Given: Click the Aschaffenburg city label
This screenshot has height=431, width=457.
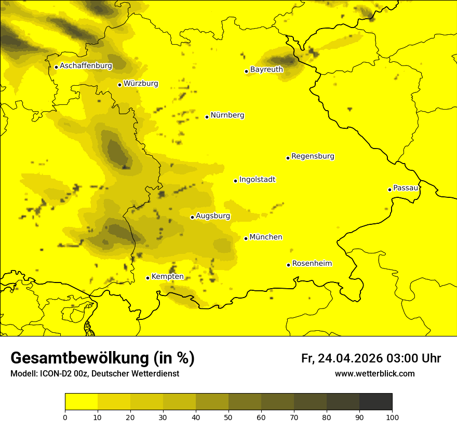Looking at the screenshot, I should click(86, 66).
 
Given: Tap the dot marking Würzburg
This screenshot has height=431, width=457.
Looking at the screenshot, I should click(119, 85).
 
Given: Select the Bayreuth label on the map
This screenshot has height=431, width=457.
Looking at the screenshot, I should click(266, 69).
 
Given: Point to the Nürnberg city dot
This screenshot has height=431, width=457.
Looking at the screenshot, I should click(207, 117).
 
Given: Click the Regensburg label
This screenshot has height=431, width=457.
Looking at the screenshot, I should click(313, 156).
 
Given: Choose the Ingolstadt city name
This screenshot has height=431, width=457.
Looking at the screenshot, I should click(257, 180).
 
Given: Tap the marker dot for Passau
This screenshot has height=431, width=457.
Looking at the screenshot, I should click(389, 190).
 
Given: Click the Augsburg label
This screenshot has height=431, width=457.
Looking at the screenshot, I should click(213, 216).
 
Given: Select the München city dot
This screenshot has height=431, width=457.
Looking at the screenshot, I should click(246, 238).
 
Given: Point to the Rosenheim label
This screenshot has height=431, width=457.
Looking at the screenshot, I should click(312, 263).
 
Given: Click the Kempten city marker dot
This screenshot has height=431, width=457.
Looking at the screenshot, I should click(147, 278).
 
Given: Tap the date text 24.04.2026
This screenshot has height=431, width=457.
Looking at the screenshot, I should click(350, 358).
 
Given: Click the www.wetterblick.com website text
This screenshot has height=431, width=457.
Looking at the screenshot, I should click(374, 373).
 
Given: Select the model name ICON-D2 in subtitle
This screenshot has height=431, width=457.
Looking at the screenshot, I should click(53, 374).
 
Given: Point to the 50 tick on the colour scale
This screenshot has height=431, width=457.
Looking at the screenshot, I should click(228, 417).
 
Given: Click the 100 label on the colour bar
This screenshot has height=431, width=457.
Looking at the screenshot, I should click(392, 417).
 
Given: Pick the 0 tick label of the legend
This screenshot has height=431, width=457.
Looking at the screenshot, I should click(65, 417).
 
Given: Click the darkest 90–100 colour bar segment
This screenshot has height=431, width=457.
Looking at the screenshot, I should click(375, 402).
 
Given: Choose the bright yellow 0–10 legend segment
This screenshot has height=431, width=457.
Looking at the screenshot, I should click(81, 402).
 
